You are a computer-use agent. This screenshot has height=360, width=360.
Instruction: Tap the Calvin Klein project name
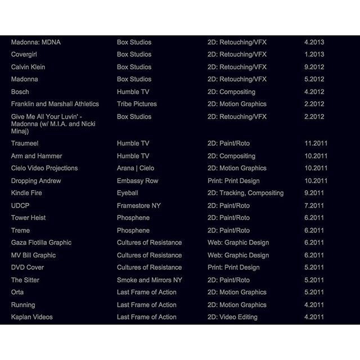coord(28,67)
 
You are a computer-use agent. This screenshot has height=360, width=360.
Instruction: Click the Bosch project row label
coord(20,92)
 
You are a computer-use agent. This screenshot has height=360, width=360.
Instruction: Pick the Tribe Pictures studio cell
coord(137,104)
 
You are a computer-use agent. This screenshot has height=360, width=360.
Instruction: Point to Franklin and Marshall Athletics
coord(55,104)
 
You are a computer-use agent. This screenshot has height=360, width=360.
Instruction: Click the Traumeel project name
coord(25,143)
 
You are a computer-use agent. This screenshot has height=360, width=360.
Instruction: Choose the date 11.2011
coord(316,143)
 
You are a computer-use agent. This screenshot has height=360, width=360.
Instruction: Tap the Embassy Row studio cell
coord(137,181)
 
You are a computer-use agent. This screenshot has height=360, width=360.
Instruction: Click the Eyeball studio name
coord(128,193)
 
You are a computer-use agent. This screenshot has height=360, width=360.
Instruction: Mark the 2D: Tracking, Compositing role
coord(245,193)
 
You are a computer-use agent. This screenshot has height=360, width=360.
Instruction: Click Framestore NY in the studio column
coord(138,205)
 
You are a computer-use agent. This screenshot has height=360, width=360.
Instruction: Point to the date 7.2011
coord(314,205)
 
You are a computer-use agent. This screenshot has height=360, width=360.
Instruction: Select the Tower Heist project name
coord(29,218)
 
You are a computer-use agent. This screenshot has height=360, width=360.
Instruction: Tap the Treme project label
coord(21,230)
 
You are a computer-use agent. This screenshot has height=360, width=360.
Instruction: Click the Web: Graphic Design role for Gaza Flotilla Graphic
coord(238,242)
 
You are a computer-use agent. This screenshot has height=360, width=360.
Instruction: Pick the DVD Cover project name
coord(28,267)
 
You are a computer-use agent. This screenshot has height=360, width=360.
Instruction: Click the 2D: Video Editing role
coord(232,317)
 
